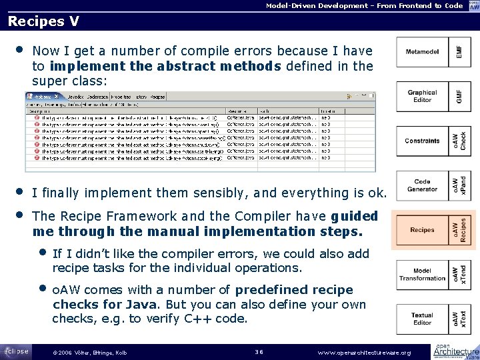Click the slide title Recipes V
43,21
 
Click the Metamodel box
422,51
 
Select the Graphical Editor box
422,97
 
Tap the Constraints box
422,141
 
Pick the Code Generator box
422,185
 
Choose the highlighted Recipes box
422,230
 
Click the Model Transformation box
422,275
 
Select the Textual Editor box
422,319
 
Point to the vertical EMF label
459,51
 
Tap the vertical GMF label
459,97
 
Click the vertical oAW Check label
459,141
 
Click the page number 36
260,352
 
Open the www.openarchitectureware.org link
364,352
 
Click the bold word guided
354,217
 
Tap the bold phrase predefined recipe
294,290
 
